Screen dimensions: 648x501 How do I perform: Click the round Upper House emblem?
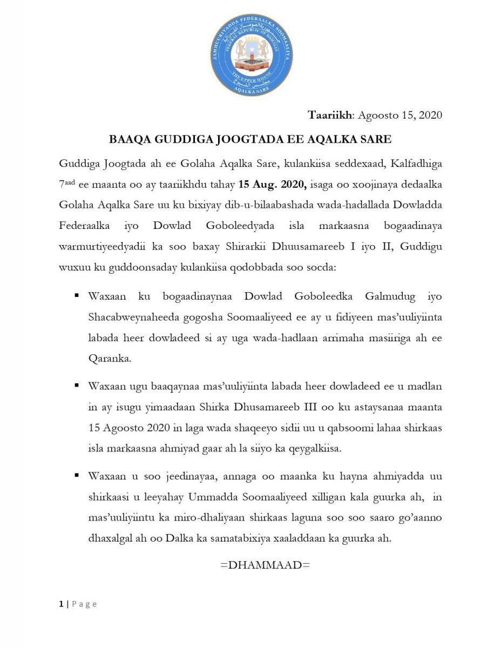click(250, 56)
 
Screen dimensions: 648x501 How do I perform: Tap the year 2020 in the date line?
click(430, 114)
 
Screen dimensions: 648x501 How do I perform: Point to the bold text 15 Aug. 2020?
click(273, 185)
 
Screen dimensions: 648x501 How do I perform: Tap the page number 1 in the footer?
click(62, 604)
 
